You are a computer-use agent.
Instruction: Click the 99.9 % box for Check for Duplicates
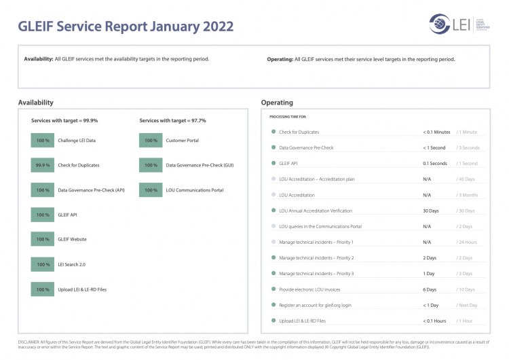pyautogui.click(x=43, y=165)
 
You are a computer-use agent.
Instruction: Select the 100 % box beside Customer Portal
pyautogui.click(x=151, y=141)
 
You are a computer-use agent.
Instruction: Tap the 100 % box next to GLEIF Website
pyautogui.click(x=43, y=239)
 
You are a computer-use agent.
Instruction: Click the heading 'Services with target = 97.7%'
pyautogui.click(x=172, y=120)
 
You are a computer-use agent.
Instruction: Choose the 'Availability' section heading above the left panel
pyautogui.click(x=35, y=103)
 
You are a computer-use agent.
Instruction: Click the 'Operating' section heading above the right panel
pyautogui.click(x=277, y=103)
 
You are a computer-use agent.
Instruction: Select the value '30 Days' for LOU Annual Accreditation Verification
pyautogui.click(x=430, y=211)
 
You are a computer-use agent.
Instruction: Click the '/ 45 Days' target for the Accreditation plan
pyautogui.click(x=466, y=179)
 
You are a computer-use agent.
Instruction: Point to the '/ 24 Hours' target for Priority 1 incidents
pyautogui.click(x=467, y=242)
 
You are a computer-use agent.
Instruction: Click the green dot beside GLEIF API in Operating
pyautogui.click(x=274, y=164)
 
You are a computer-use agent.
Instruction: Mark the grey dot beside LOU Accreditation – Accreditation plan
pyautogui.click(x=274, y=179)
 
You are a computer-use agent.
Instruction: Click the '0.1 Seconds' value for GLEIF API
pyautogui.click(x=434, y=164)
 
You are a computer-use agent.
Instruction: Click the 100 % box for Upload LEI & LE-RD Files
pyautogui.click(x=43, y=289)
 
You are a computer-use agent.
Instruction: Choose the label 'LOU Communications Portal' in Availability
pyautogui.click(x=195, y=190)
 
